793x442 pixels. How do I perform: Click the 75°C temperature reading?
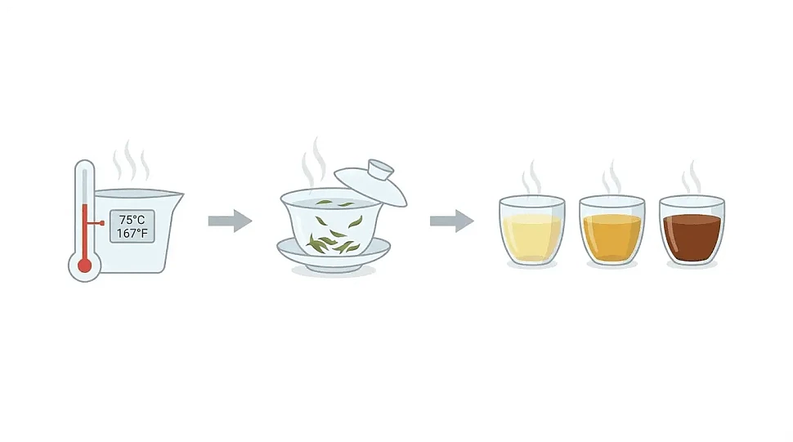pyautogui.click(x=132, y=220)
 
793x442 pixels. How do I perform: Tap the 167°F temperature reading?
pyautogui.click(x=132, y=234)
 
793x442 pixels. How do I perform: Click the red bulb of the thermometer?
pyautogui.click(x=84, y=266)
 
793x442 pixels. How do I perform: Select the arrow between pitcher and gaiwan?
pyautogui.click(x=230, y=221)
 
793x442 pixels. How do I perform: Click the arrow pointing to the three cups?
pyautogui.click(x=451, y=221)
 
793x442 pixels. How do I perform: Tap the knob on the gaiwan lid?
pyautogui.click(x=380, y=169)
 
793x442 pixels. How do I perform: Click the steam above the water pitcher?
pyautogui.click(x=131, y=161)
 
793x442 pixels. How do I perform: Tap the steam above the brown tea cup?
pyautogui.click(x=692, y=177)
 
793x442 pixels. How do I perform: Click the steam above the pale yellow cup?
pyautogui.click(x=531, y=177)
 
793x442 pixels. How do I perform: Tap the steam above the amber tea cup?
pyautogui.click(x=612, y=177)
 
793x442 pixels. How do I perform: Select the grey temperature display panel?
pyautogui.click(x=132, y=226)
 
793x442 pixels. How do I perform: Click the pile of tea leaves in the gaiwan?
pyautogui.click(x=334, y=243)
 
